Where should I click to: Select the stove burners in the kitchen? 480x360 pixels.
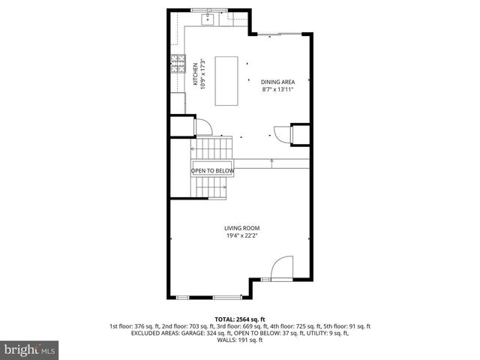(x=178, y=66)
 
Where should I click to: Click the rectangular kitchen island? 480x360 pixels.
(x=226, y=80)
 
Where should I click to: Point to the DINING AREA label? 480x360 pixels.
(x=277, y=82)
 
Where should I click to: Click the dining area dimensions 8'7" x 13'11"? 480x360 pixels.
(x=277, y=89)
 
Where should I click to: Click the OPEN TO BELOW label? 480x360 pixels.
(x=213, y=171)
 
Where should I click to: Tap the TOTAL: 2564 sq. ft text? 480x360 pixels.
(x=240, y=319)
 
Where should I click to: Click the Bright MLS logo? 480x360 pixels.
(x=28, y=349)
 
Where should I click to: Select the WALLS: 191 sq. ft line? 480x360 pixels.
(x=240, y=340)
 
